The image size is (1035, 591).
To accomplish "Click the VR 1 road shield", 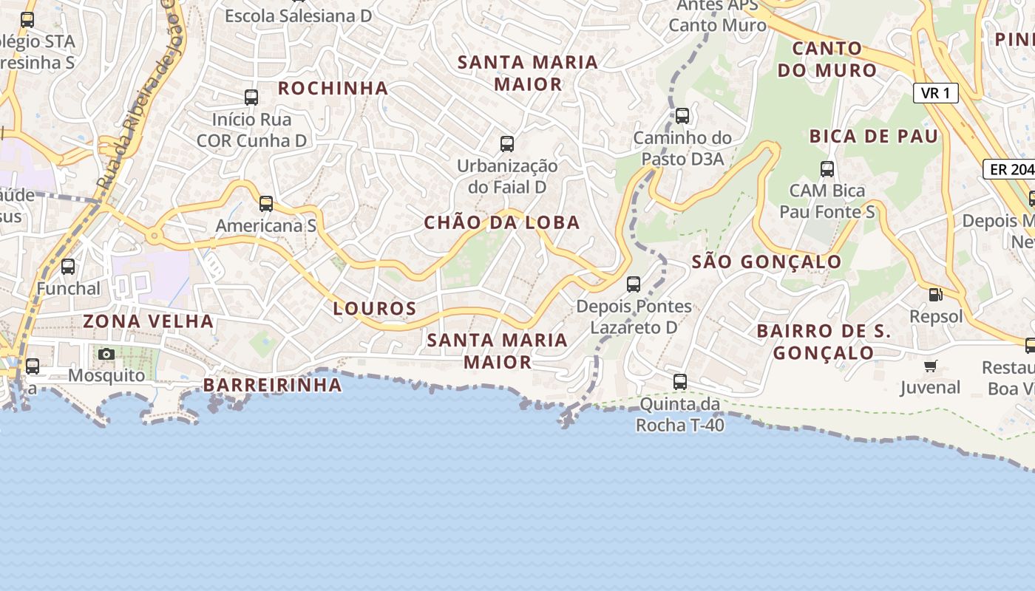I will pyautogui.click(x=936, y=93).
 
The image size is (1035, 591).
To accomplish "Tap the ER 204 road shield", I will pyautogui.click(x=1010, y=169).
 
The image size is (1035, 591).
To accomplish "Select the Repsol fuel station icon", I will pyautogui.click(x=936, y=295).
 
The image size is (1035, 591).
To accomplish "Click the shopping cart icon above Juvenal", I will pyautogui.click(x=931, y=366).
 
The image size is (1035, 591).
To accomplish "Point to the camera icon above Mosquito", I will pyautogui.click(x=106, y=355).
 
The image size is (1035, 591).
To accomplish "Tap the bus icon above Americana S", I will pyautogui.click(x=266, y=204).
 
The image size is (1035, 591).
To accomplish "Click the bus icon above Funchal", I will pyautogui.click(x=68, y=267).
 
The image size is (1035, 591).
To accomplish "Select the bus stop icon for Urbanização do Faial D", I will pyautogui.click(x=507, y=144).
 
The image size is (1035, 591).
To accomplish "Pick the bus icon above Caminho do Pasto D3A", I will pyautogui.click(x=682, y=116).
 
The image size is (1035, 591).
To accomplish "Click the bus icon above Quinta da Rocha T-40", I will pyautogui.click(x=680, y=382).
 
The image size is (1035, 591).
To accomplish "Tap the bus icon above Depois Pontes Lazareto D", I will pyautogui.click(x=634, y=284).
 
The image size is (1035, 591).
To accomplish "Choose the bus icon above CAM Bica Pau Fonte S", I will pyautogui.click(x=827, y=169).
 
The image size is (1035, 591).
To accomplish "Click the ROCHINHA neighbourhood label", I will pyautogui.click(x=333, y=89).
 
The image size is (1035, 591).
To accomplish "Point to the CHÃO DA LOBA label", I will pyautogui.click(x=502, y=222).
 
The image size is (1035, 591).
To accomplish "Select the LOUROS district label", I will pyautogui.click(x=375, y=308).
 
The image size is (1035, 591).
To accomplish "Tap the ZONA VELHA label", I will pyautogui.click(x=149, y=321).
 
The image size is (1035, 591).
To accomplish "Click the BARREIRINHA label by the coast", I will pyautogui.click(x=273, y=385).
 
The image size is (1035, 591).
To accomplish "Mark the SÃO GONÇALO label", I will pyautogui.click(x=767, y=262).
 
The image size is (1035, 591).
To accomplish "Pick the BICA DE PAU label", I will pyautogui.click(x=874, y=136).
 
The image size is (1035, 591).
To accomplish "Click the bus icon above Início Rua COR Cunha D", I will pyautogui.click(x=251, y=98).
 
